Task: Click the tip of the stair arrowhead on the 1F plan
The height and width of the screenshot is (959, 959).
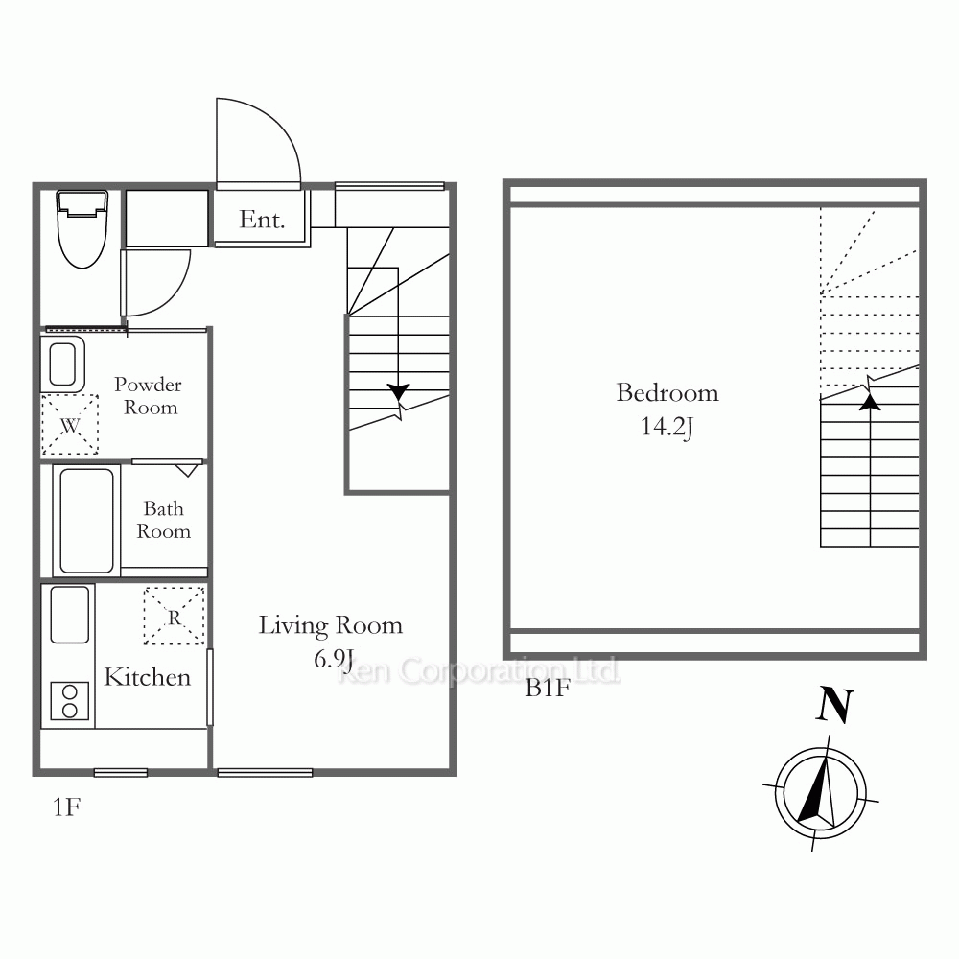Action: pos(398,401)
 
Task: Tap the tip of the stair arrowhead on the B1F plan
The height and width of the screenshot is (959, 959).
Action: pos(870,394)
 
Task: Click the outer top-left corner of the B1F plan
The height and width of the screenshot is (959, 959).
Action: pos(503,179)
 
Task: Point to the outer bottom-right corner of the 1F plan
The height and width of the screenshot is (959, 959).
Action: pos(456,776)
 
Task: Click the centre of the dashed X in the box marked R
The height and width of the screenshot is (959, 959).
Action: pos(175,616)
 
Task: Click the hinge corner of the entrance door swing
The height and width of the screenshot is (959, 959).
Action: pos(217,183)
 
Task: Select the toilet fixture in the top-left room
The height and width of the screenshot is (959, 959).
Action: pos(82,229)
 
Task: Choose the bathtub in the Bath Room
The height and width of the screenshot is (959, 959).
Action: pos(87,521)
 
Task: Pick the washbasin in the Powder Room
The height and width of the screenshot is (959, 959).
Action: pos(62,363)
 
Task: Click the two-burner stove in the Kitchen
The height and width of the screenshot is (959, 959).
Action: pos(70,701)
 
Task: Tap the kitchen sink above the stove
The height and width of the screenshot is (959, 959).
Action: pos(70,615)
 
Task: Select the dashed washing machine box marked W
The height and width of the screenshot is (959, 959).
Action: pos(70,425)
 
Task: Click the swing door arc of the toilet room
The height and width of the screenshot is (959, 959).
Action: pos(157,283)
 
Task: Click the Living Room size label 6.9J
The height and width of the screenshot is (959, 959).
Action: pos(334,659)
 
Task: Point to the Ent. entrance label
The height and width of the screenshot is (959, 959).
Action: pos(262,220)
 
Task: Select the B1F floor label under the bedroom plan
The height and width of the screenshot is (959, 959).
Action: pos(548,689)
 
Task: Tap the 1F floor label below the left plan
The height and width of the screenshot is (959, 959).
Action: pos(67,807)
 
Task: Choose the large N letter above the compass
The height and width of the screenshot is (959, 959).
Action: pos(835,705)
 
